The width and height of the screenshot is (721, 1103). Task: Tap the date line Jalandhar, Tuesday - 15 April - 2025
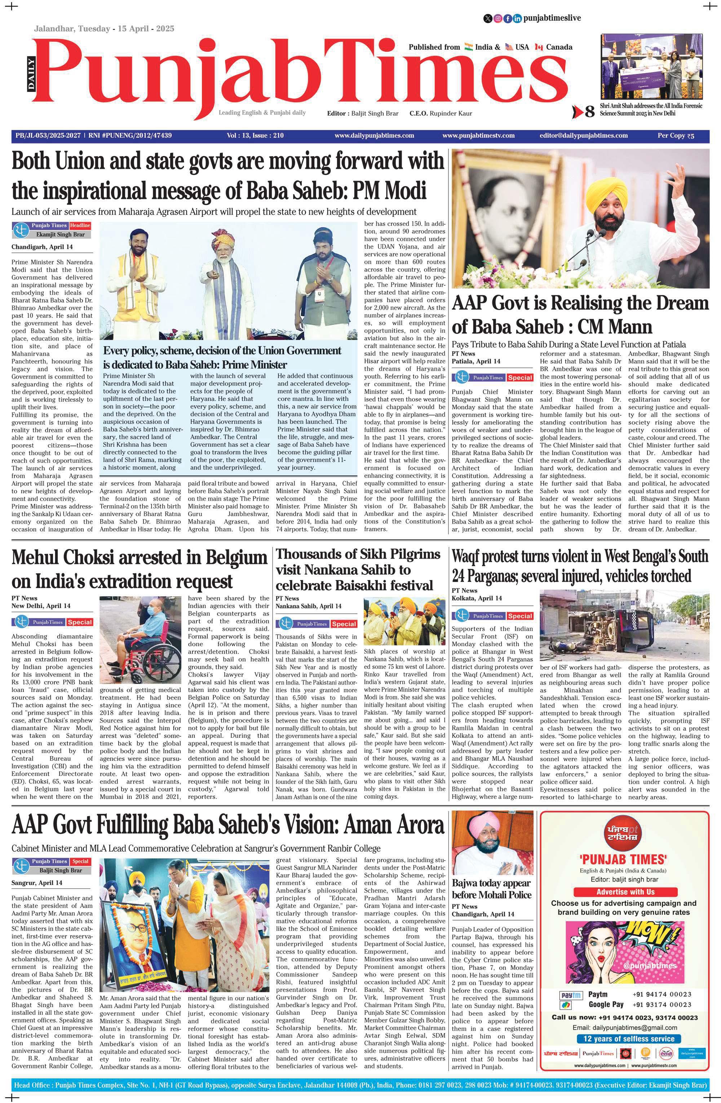(104, 29)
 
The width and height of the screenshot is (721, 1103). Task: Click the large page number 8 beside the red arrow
(589, 112)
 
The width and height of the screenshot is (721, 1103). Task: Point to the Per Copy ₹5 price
(676, 136)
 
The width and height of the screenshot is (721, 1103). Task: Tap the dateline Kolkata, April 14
(476, 598)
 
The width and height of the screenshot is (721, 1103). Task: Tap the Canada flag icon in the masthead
(539, 47)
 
